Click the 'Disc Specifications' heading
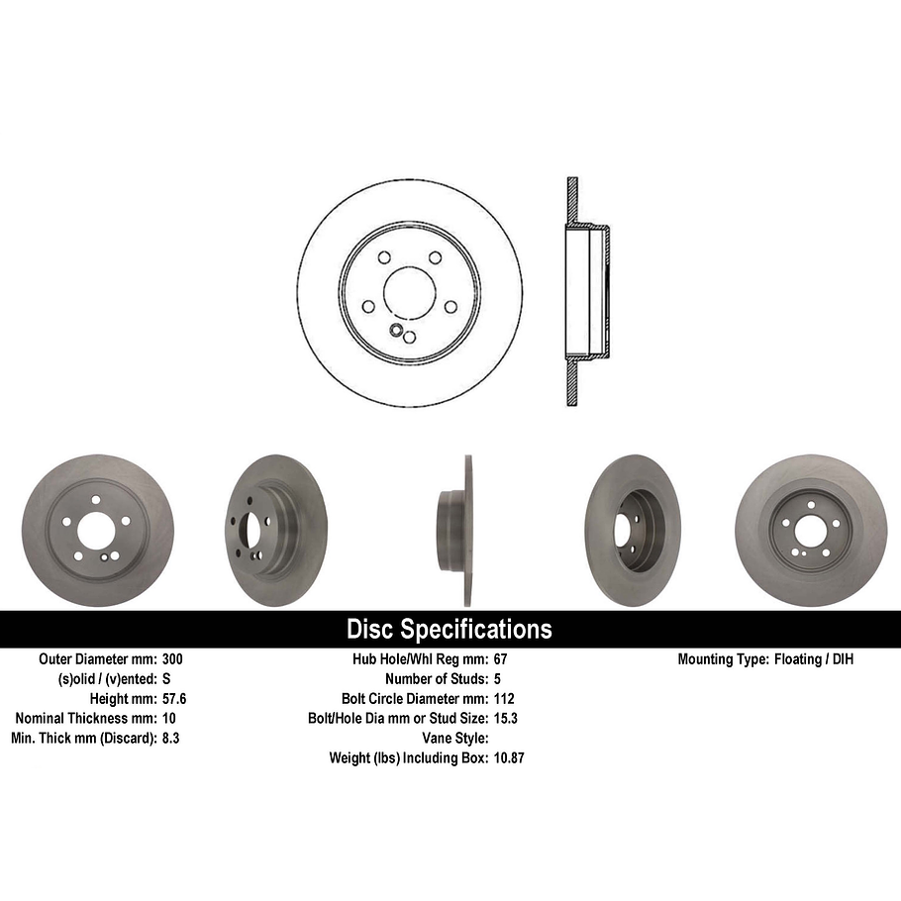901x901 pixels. click(450, 630)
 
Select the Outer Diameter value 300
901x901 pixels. click(172, 659)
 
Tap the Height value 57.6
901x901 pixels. click(174, 699)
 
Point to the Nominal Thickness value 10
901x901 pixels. click(168, 719)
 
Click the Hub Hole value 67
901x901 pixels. click(499, 659)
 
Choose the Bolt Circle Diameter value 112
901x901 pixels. click(503, 699)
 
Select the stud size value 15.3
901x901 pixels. click(505, 719)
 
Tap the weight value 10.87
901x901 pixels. click(509, 758)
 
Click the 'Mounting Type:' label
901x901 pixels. click(721, 659)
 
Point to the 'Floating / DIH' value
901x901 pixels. click(812, 659)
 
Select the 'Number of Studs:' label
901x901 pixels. click(436, 679)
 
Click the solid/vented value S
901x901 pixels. click(166, 679)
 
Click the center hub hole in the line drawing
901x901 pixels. click(409, 291)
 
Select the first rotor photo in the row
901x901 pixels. click(97, 531)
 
